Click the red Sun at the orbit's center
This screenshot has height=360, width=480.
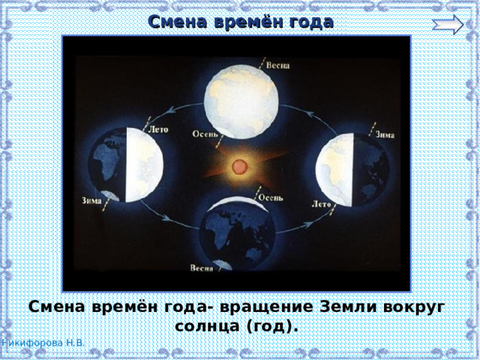click(x=239, y=166)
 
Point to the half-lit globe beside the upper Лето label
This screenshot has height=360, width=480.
click(x=126, y=163)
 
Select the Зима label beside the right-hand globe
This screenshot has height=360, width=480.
click(x=384, y=135)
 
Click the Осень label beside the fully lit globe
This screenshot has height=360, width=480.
click(x=206, y=136)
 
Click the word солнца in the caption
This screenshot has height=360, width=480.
click(x=205, y=328)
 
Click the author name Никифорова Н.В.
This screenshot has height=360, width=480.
click(x=42, y=343)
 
